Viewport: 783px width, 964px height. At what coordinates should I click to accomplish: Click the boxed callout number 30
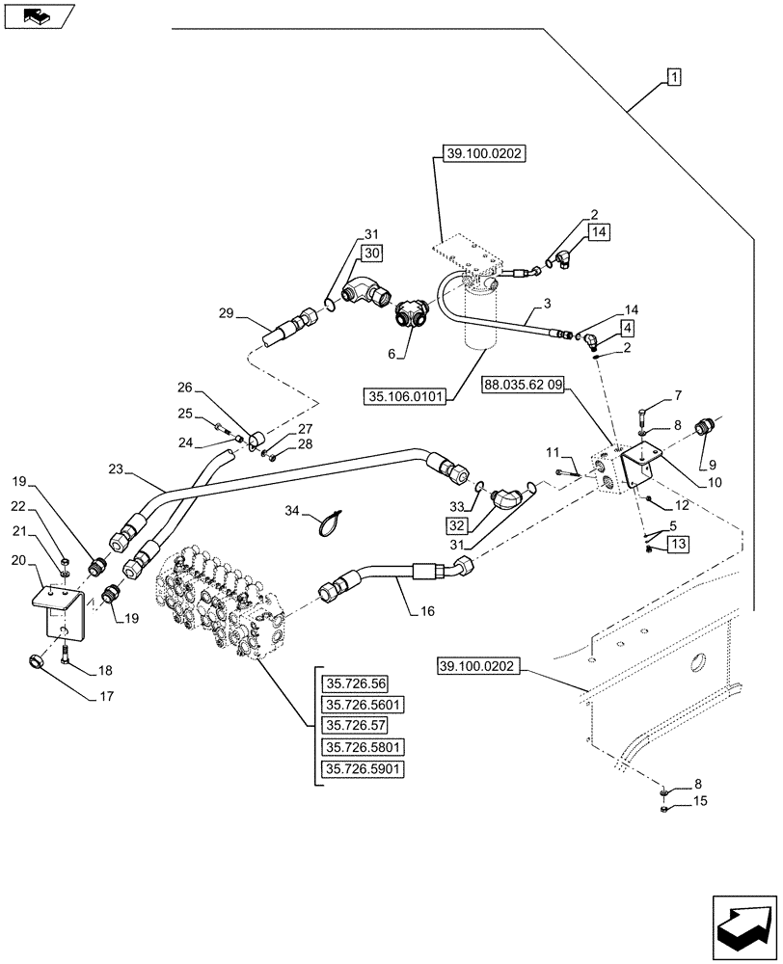tap(371, 253)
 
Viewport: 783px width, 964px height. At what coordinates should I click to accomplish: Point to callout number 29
tap(227, 314)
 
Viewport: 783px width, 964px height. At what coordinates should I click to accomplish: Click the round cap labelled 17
tap(37, 662)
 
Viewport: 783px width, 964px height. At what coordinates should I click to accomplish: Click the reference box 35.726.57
tap(355, 726)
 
